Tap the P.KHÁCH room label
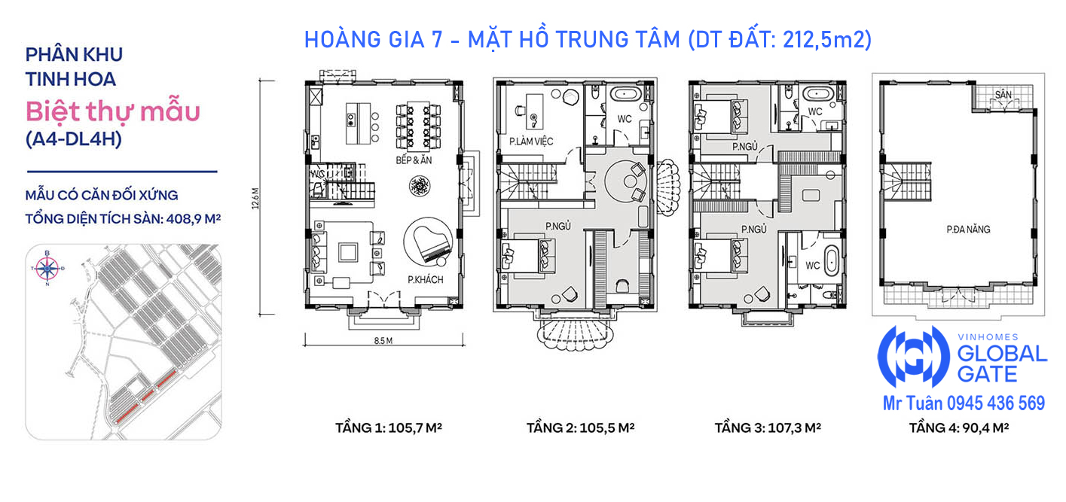425,280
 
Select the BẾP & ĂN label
414,160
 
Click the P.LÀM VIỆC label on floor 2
531,141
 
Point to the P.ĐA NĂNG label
968,230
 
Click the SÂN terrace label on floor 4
1003,95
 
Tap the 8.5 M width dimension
383,341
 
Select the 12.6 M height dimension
255,198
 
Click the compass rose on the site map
47,269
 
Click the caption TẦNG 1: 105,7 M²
389,427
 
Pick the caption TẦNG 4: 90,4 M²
959,427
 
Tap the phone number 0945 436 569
996,403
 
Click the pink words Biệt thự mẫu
113,112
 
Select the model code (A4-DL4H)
74,138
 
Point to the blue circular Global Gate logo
913,356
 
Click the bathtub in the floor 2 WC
626,93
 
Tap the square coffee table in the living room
348,252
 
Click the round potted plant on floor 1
420,186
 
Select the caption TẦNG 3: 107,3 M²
768,427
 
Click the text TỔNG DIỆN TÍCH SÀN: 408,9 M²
123,219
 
